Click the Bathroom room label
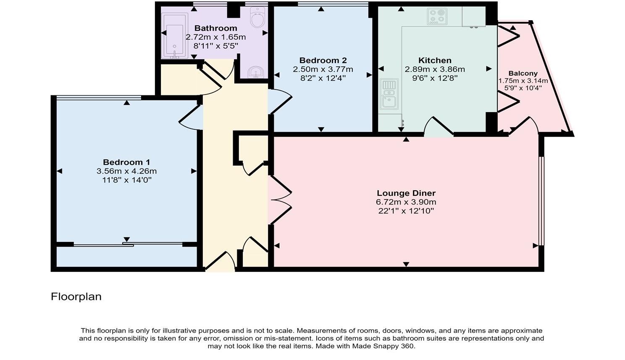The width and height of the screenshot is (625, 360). [215, 28]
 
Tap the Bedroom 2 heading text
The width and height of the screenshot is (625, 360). [323, 60]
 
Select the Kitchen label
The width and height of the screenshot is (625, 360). [435, 60]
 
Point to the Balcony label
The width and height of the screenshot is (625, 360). [523, 74]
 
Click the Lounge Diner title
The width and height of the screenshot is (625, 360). [406, 193]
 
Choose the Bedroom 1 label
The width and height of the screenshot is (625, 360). [126, 162]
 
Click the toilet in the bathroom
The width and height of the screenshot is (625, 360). [257, 17]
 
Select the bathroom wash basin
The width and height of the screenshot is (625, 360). [255, 73]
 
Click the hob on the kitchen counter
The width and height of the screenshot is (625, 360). [437, 17]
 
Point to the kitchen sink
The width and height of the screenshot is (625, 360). [389, 94]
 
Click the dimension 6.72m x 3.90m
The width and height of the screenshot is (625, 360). [406, 202]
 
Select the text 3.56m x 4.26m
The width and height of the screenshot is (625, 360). [126, 171]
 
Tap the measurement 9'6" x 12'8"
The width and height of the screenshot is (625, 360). [435, 78]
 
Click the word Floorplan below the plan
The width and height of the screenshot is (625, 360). [76, 297]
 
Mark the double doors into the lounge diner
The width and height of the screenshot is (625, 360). [281, 200]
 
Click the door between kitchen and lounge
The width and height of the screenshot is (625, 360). [439, 127]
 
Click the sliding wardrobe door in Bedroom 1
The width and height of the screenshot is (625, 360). [128, 245]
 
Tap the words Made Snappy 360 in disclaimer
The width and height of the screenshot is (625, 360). [383, 346]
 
